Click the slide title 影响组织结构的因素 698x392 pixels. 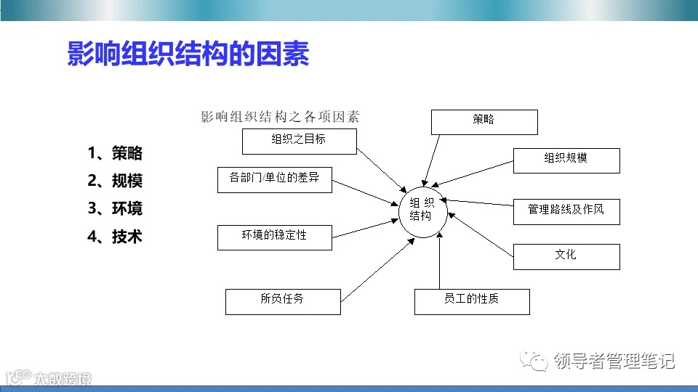pos(188,54)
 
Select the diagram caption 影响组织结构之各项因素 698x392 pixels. pos(280,117)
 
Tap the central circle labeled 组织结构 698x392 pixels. pos(421,209)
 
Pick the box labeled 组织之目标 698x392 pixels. pos(299,142)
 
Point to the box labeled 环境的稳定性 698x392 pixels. pos(275,237)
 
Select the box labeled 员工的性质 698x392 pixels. pos(472,301)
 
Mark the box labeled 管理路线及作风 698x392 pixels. pos(566,211)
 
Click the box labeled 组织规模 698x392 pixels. pos(566,160)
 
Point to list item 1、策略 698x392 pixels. pos(115,153)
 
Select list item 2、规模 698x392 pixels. pos(115,181)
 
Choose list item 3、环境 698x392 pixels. pos(115,208)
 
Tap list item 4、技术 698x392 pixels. pos(115,237)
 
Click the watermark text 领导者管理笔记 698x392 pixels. pos(614,361)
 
